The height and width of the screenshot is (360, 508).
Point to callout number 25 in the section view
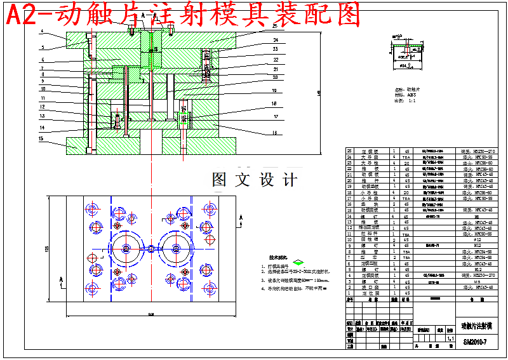pos(275,26)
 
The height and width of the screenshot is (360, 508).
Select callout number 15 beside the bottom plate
pos(40,138)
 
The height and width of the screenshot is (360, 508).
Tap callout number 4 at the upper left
pos(41,30)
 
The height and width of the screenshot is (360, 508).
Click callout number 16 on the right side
pos(275,133)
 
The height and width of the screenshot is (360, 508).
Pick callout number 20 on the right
pos(275,77)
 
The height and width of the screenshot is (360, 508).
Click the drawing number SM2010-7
pos(475,342)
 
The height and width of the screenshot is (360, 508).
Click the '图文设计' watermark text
pos(254,180)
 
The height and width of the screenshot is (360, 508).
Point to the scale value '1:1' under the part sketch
pos(411,100)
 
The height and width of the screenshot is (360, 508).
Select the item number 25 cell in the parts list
pos(349,151)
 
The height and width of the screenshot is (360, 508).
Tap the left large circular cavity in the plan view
pos(128,248)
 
